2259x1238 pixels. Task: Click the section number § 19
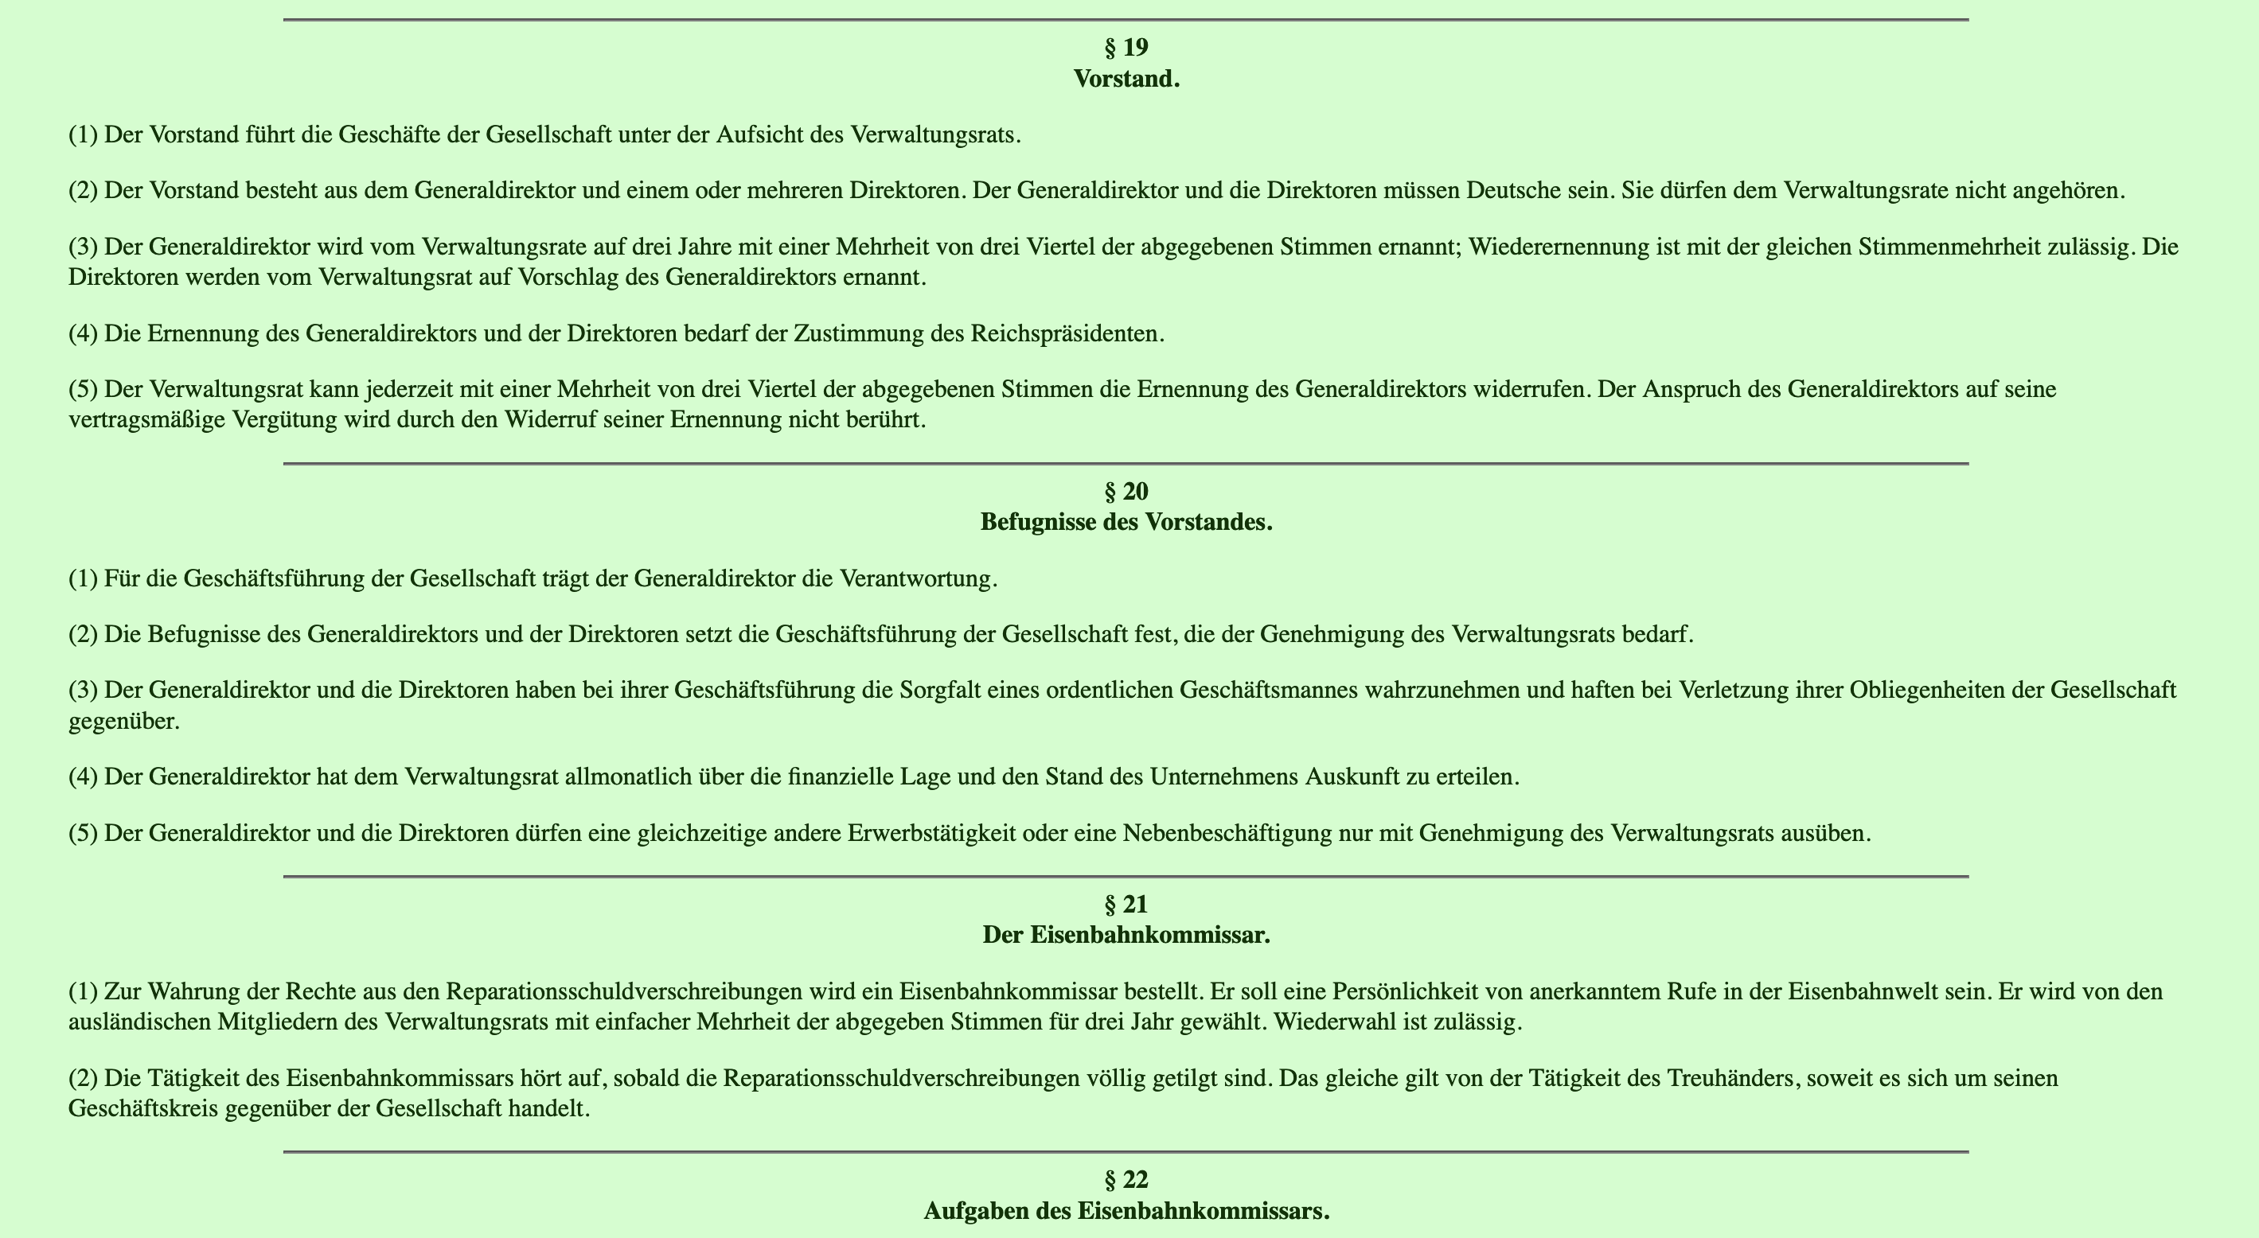point(1126,48)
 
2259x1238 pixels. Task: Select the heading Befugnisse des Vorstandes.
point(1126,523)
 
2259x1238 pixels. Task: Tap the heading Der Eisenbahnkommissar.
point(1126,936)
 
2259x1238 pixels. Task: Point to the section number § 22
point(1126,1180)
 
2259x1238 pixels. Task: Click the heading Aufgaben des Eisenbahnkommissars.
point(1126,1212)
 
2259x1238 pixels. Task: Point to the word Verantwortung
point(916,579)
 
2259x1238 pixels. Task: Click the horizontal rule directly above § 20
point(1126,463)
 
